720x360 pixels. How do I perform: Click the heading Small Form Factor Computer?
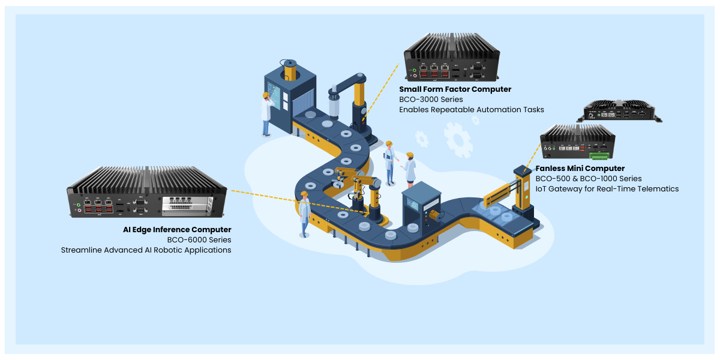455,89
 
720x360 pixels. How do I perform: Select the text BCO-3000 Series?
431,100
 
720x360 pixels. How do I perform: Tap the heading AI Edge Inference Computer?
177,230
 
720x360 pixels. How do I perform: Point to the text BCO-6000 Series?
199,240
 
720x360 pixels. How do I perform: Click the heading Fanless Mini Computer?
580,169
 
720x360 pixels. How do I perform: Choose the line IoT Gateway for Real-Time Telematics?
607,189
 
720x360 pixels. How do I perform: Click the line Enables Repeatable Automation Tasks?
472,110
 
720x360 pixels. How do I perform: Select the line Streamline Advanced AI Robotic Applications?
146,250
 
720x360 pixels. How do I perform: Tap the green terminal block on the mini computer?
599,156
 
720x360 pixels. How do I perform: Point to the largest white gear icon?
458,140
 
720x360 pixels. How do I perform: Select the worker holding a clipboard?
390,163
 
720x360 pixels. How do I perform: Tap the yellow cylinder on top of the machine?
290,70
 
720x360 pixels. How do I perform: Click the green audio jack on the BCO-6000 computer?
79,205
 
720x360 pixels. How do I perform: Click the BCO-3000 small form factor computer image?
452,57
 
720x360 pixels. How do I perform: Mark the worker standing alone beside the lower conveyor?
304,214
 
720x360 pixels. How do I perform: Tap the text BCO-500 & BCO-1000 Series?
589,179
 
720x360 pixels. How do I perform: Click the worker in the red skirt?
409,170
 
